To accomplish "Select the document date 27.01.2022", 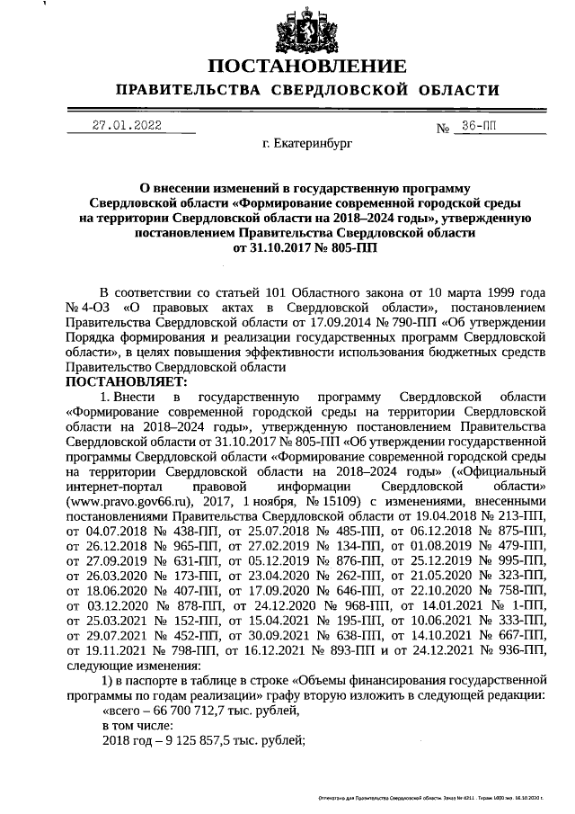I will pos(127,126).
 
